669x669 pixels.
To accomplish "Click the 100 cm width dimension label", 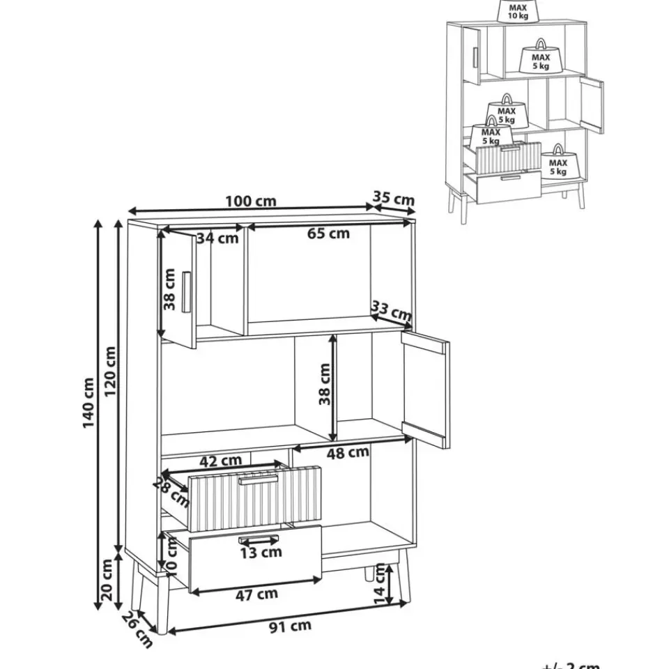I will click(250, 201).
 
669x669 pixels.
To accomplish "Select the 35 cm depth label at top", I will click(394, 199).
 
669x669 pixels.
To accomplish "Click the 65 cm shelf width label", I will click(328, 233).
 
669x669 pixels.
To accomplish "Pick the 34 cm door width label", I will click(217, 238).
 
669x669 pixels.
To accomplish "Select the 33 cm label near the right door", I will click(392, 312).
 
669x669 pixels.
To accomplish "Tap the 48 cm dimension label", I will click(348, 452).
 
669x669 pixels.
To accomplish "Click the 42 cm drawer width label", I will click(220, 461).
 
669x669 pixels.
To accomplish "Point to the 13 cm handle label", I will click(261, 552).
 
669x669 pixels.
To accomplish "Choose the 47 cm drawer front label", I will click(256, 594).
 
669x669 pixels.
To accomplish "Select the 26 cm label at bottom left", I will click(137, 629).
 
